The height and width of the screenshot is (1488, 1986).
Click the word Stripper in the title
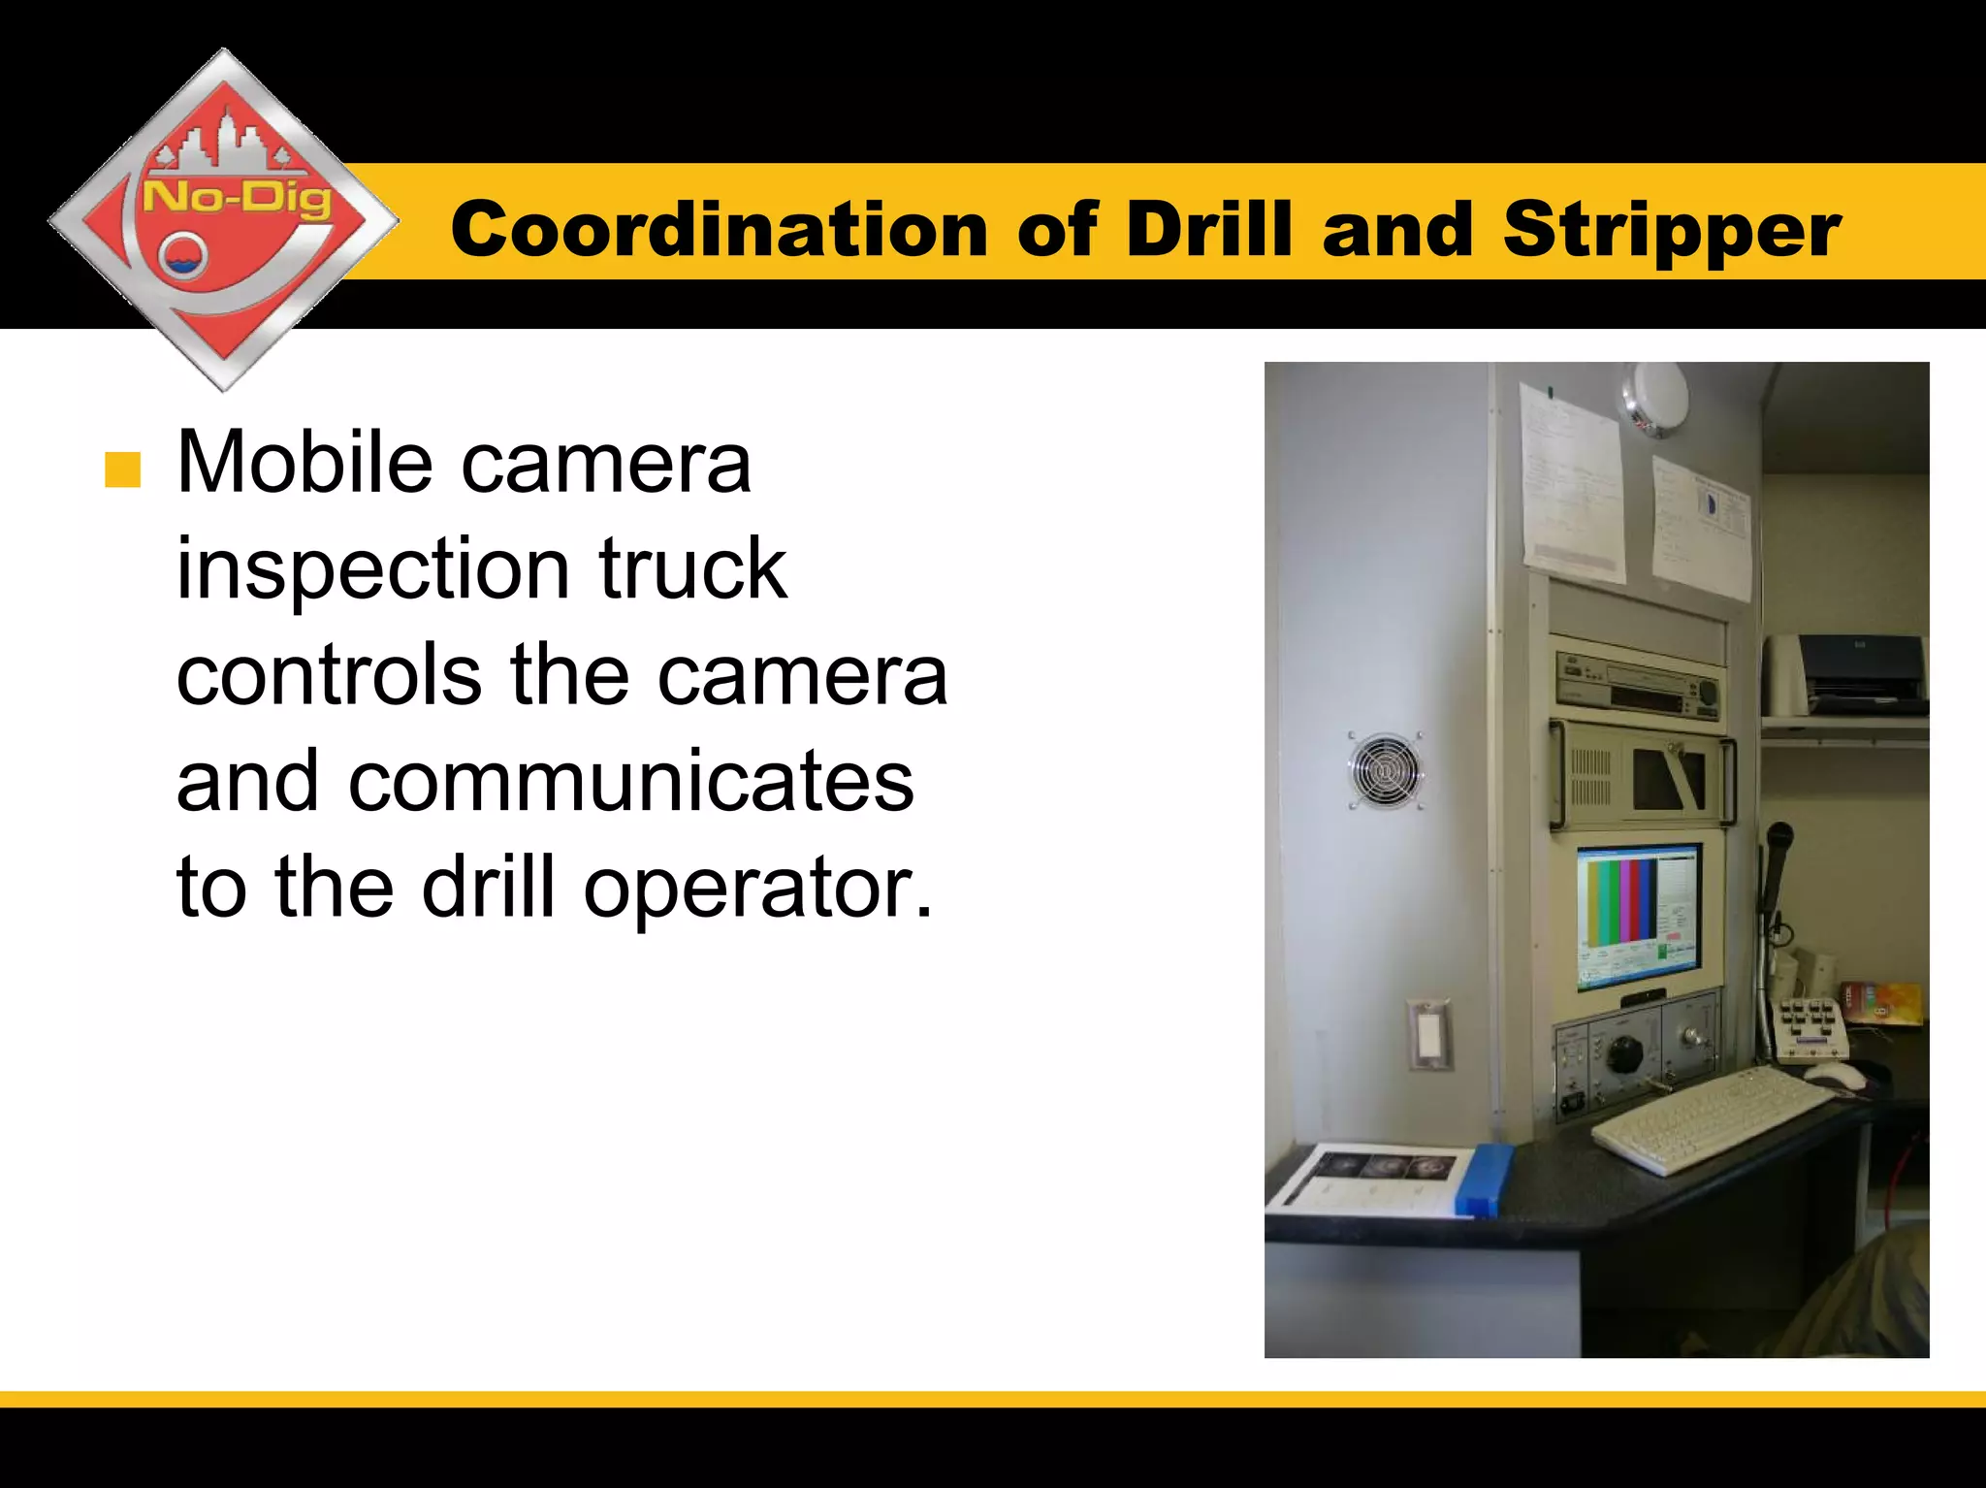1671,231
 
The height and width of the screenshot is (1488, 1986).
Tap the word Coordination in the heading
719,231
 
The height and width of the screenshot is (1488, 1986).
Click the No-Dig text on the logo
238,199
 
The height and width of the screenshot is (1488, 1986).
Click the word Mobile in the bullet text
304,464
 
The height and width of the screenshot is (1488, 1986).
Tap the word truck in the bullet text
692,569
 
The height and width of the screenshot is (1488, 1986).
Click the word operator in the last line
757,889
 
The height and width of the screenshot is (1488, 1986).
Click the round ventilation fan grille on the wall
1385,771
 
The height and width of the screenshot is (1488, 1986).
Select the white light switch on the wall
1428,1035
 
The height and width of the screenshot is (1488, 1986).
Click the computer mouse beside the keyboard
1833,1074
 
